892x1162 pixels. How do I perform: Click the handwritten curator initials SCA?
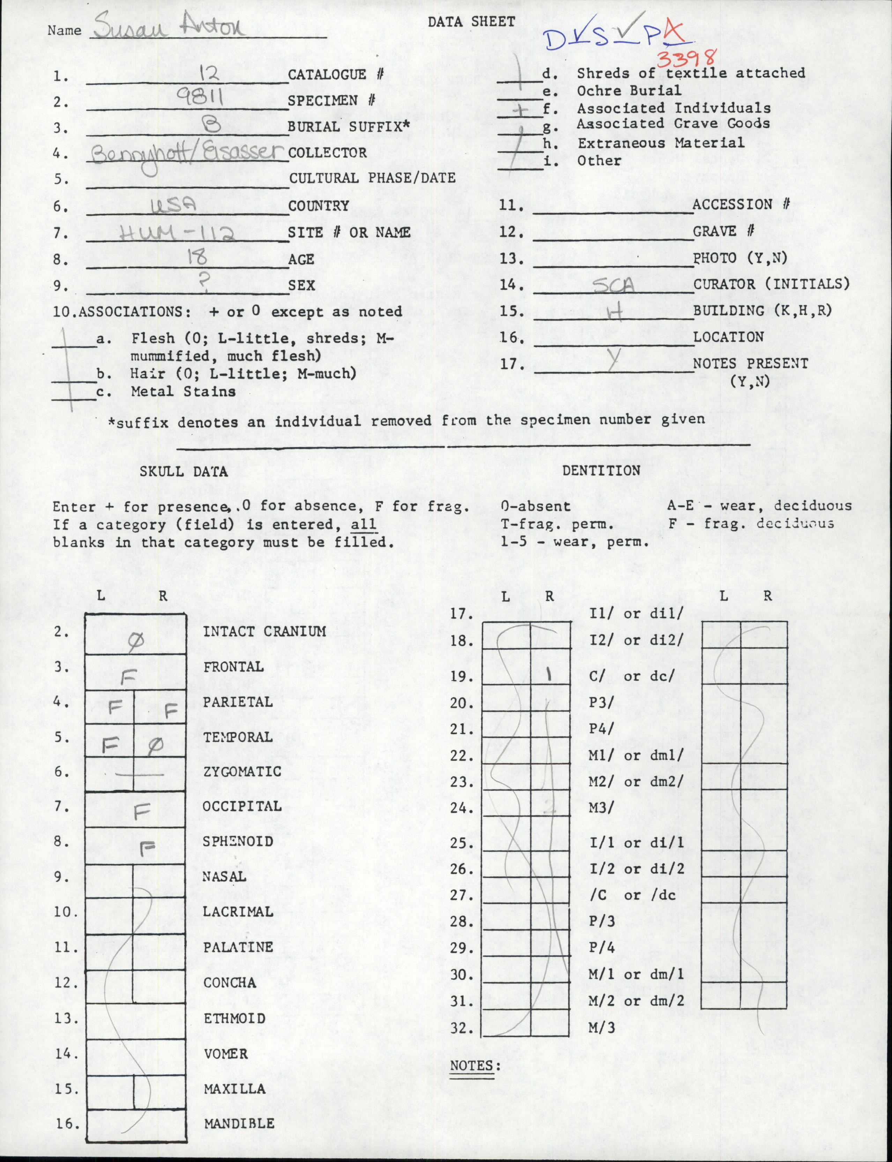click(x=613, y=286)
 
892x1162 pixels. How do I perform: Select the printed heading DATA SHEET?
click(x=471, y=22)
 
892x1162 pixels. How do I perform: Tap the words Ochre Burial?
click(x=629, y=90)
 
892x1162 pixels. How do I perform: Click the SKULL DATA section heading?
click(x=183, y=471)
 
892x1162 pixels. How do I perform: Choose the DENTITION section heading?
click(x=601, y=470)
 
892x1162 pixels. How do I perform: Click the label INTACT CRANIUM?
click(x=265, y=631)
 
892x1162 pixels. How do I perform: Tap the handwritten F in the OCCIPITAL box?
click(x=141, y=811)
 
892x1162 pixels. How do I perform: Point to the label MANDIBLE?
click(x=239, y=1123)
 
